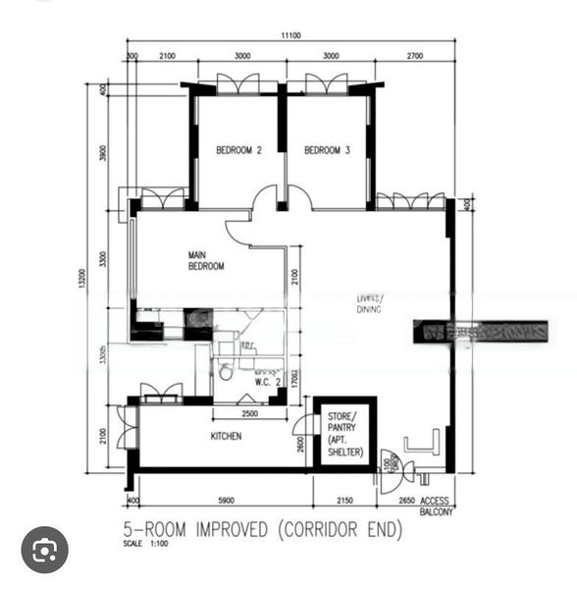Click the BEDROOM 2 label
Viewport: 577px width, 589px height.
pyautogui.click(x=238, y=150)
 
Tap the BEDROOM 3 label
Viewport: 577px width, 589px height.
pyautogui.click(x=327, y=150)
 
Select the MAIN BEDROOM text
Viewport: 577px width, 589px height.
pyautogui.click(x=206, y=260)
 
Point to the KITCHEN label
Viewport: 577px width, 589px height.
pyautogui.click(x=226, y=436)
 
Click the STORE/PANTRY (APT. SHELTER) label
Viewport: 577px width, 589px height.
pyautogui.click(x=344, y=435)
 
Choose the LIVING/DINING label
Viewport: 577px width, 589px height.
pyautogui.click(x=369, y=303)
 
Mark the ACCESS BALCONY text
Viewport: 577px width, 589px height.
pyautogui.click(x=435, y=506)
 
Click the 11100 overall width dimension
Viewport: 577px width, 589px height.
pyautogui.click(x=289, y=35)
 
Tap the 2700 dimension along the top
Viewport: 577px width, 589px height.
pyautogui.click(x=413, y=56)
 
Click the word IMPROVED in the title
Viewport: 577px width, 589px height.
pyautogui.click(x=224, y=530)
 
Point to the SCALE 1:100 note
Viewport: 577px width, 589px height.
pyautogui.click(x=142, y=544)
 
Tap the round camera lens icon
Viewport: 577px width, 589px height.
pyautogui.click(x=44, y=551)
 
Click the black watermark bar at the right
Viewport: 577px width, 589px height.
pyautogui.click(x=481, y=332)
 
